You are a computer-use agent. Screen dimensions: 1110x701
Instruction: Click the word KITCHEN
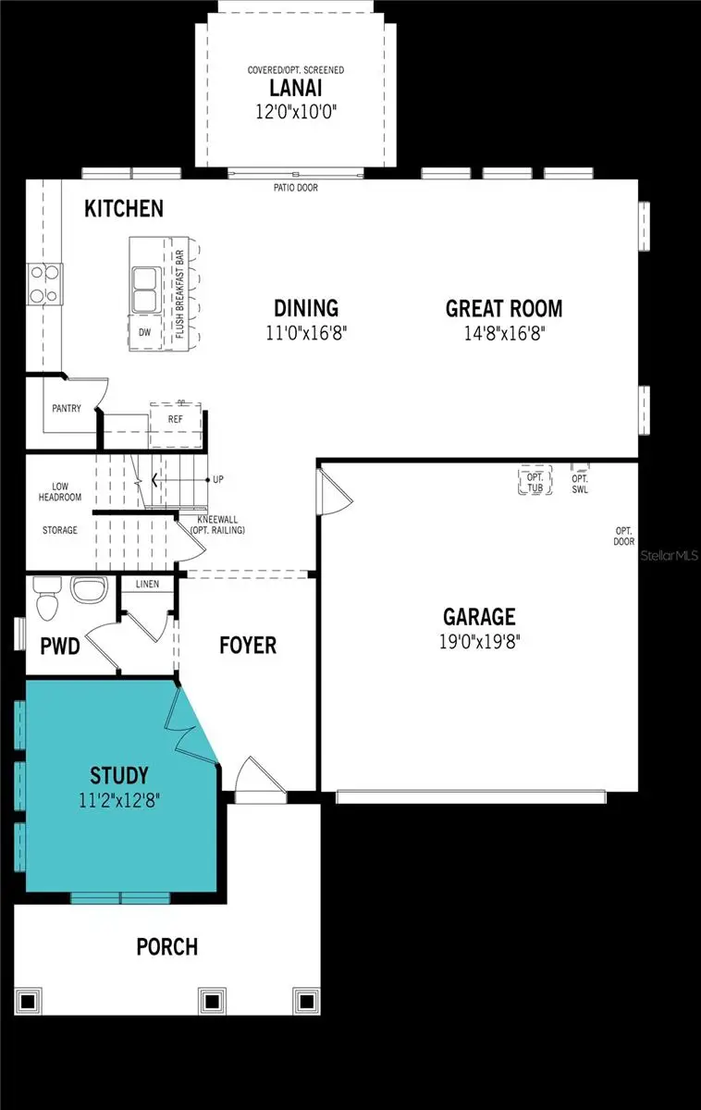(x=124, y=208)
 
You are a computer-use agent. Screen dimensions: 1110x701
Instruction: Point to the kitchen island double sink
(x=145, y=290)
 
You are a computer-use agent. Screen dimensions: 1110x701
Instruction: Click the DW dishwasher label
(x=144, y=332)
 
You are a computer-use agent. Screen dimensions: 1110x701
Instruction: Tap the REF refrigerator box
(x=176, y=419)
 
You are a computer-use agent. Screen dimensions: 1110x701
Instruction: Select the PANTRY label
(x=67, y=408)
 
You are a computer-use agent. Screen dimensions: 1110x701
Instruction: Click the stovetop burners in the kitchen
(x=45, y=284)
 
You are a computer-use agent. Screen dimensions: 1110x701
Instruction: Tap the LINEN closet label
(x=147, y=584)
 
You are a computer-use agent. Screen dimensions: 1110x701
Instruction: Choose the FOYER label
(x=247, y=645)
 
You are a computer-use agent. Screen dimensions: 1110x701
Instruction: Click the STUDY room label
(x=119, y=774)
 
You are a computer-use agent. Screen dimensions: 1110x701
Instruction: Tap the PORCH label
(x=166, y=946)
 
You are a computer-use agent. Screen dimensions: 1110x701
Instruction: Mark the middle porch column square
(x=213, y=1001)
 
